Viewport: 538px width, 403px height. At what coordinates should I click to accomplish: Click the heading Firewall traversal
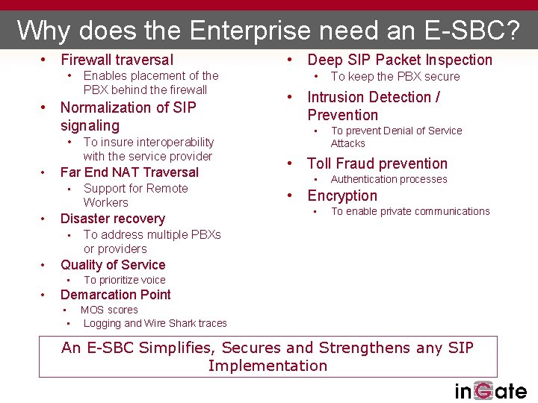point(117,60)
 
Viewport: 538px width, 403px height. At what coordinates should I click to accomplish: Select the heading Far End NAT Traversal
point(129,172)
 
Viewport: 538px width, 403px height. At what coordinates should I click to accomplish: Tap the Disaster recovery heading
point(112,219)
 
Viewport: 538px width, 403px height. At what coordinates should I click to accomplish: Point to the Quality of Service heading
point(113,265)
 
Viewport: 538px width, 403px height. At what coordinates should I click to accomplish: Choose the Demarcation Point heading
point(115,295)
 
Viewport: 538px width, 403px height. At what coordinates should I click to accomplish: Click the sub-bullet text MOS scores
point(109,310)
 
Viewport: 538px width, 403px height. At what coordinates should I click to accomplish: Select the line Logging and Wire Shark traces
point(155,323)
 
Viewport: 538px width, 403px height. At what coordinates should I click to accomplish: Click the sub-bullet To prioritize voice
point(125,280)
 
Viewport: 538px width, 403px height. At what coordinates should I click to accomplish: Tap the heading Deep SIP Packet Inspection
point(400,60)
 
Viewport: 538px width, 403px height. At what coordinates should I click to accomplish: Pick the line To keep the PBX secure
point(395,76)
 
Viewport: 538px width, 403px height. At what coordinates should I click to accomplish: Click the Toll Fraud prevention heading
point(377,163)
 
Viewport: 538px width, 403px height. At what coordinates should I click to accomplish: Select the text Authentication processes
point(389,179)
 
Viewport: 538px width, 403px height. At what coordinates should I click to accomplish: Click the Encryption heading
point(342,196)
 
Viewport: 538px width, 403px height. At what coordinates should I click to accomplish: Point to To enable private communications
point(410,211)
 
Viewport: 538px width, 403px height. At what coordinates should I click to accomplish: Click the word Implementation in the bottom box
point(268,366)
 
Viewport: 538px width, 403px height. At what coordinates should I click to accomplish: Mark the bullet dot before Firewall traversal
point(45,60)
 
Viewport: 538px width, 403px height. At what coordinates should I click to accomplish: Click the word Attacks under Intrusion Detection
point(348,143)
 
